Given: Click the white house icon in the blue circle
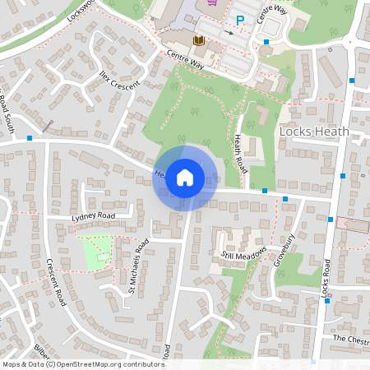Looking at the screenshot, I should click(185, 177).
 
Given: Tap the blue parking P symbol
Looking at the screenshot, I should click(240, 21).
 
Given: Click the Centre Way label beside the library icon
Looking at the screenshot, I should click(183, 58).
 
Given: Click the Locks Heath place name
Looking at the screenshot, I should click(314, 132).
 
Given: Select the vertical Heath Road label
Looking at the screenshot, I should click(241, 153).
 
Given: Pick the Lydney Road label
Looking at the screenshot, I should click(93, 216).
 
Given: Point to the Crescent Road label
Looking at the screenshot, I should click(56, 284).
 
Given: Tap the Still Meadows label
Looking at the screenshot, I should click(244, 255).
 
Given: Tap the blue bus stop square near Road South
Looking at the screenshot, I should click(30, 138).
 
